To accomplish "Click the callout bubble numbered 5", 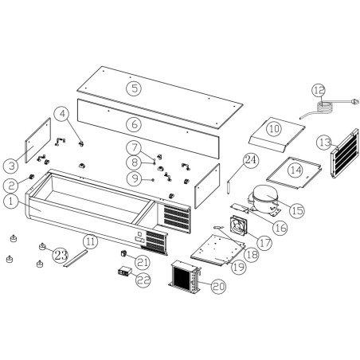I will tap(136, 88).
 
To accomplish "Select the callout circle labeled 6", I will tap(135, 123).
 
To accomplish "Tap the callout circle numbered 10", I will tap(273, 127).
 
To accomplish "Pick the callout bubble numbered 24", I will tap(251, 160).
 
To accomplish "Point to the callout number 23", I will tap(61, 254).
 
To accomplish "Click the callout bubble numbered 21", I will tap(143, 260).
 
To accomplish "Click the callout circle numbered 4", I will tap(61, 114).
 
